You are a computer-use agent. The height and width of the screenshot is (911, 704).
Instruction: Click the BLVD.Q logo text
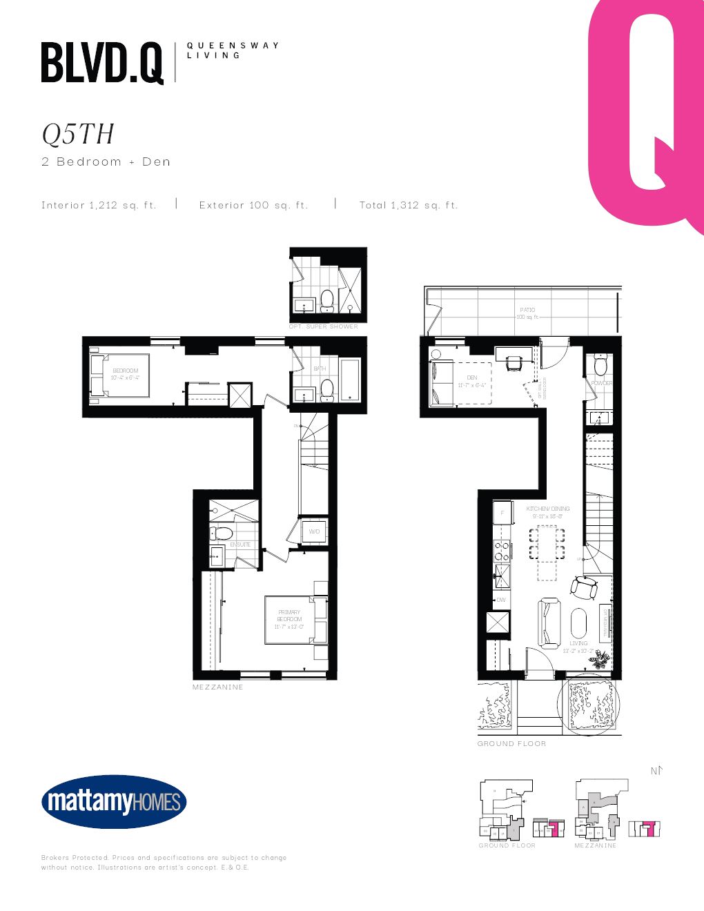[102, 63]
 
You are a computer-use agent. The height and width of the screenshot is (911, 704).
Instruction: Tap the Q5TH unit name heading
[78, 135]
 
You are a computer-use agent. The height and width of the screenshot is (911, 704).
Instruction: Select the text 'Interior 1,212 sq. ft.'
[99, 205]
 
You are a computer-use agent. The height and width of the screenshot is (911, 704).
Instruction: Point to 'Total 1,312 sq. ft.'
[409, 205]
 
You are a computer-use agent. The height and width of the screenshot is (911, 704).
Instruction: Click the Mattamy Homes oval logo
[114, 801]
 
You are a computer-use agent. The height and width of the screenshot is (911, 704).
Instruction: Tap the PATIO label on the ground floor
[527, 310]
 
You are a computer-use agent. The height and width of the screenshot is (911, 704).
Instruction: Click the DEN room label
[472, 378]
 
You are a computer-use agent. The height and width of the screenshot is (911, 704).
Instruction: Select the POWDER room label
[601, 383]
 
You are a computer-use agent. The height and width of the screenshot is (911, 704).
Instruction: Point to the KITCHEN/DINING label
[548, 509]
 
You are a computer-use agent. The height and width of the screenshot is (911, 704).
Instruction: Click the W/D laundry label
[315, 531]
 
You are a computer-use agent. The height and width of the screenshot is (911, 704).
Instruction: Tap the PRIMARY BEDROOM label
[289, 616]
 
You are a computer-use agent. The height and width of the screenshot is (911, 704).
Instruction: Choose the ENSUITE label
[240, 545]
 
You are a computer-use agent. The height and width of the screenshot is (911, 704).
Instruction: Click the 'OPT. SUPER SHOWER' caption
[324, 326]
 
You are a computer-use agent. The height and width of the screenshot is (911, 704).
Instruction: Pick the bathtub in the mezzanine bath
[350, 380]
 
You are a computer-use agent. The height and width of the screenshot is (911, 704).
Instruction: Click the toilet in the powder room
[600, 365]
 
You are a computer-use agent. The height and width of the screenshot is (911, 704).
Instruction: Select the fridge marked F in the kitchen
[502, 513]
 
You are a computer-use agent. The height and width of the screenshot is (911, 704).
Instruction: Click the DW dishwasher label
[501, 600]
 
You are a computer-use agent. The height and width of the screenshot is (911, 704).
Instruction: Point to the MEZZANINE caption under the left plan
[218, 687]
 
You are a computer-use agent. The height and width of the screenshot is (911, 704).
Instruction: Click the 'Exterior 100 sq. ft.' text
[253, 205]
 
